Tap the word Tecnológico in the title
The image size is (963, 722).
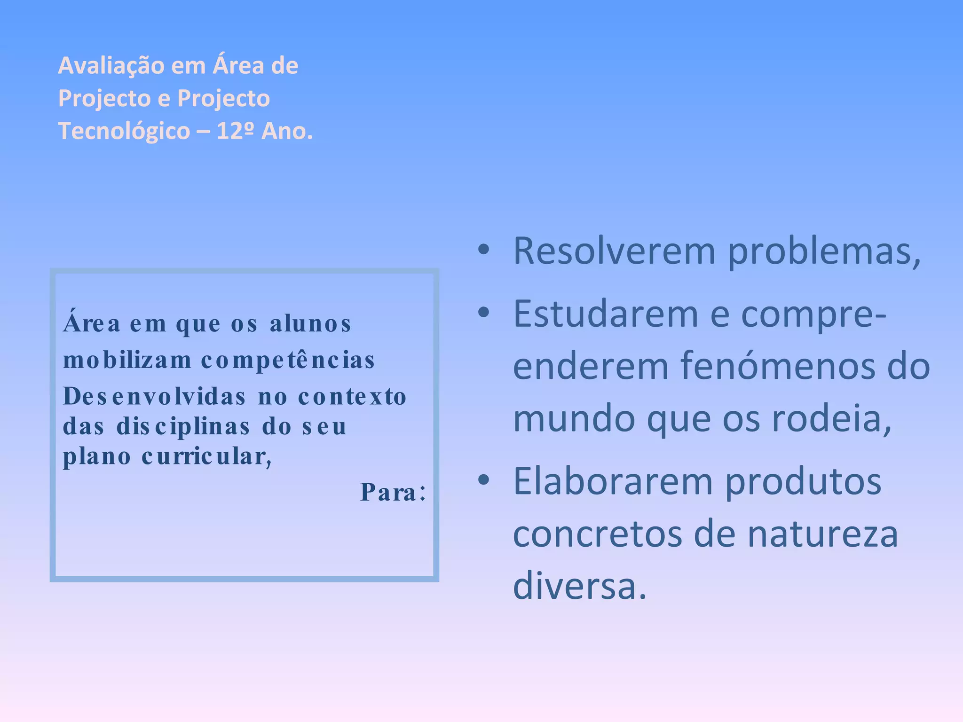pyautogui.click(x=124, y=131)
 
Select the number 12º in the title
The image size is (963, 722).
pyautogui.click(x=235, y=131)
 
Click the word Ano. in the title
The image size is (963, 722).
pyautogui.click(x=287, y=131)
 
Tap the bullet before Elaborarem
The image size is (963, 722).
pyautogui.click(x=483, y=480)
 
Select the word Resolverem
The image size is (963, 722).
pyautogui.click(x=614, y=251)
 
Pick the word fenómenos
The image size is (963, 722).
pyautogui.click(x=778, y=367)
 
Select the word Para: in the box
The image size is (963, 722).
pyautogui.click(x=393, y=493)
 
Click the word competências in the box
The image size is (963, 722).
pyautogui.click(x=288, y=361)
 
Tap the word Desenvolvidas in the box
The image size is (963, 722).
pyautogui.click(x=155, y=397)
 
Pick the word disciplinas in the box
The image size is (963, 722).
pyautogui.click(x=183, y=427)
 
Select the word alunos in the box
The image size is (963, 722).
pyautogui.click(x=310, y=324)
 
